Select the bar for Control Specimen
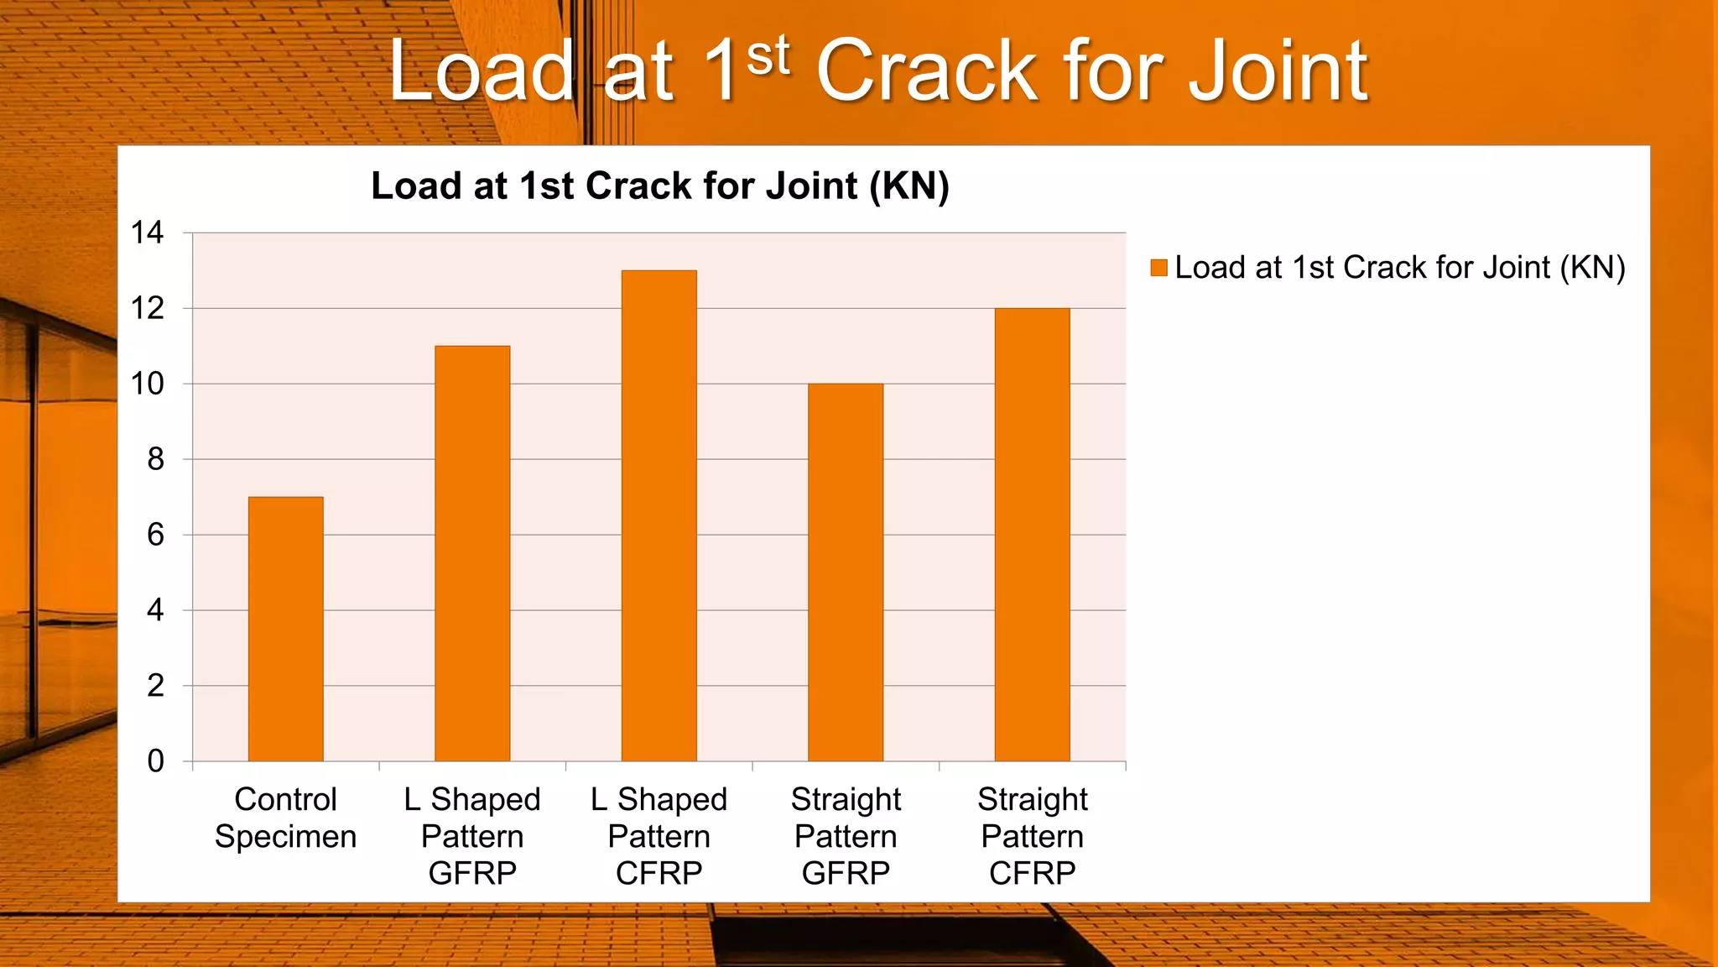[286, 630]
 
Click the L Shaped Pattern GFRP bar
[472, 554]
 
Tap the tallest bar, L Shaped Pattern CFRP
[659, 516]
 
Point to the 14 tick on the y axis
[148, 233]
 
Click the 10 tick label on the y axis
[148, 384]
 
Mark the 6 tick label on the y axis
[155, 535]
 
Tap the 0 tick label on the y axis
[155, 761]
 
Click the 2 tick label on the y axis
[155, 686]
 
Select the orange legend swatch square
[1159, 268]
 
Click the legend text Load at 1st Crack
[1399, 268]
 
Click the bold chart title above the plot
[660, 186]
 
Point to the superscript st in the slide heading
[768, 55]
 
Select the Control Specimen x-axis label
[286, 818]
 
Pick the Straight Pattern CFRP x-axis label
[1033, 836]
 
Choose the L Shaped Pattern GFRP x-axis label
[472, 836]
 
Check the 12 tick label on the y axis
[148, 308]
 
